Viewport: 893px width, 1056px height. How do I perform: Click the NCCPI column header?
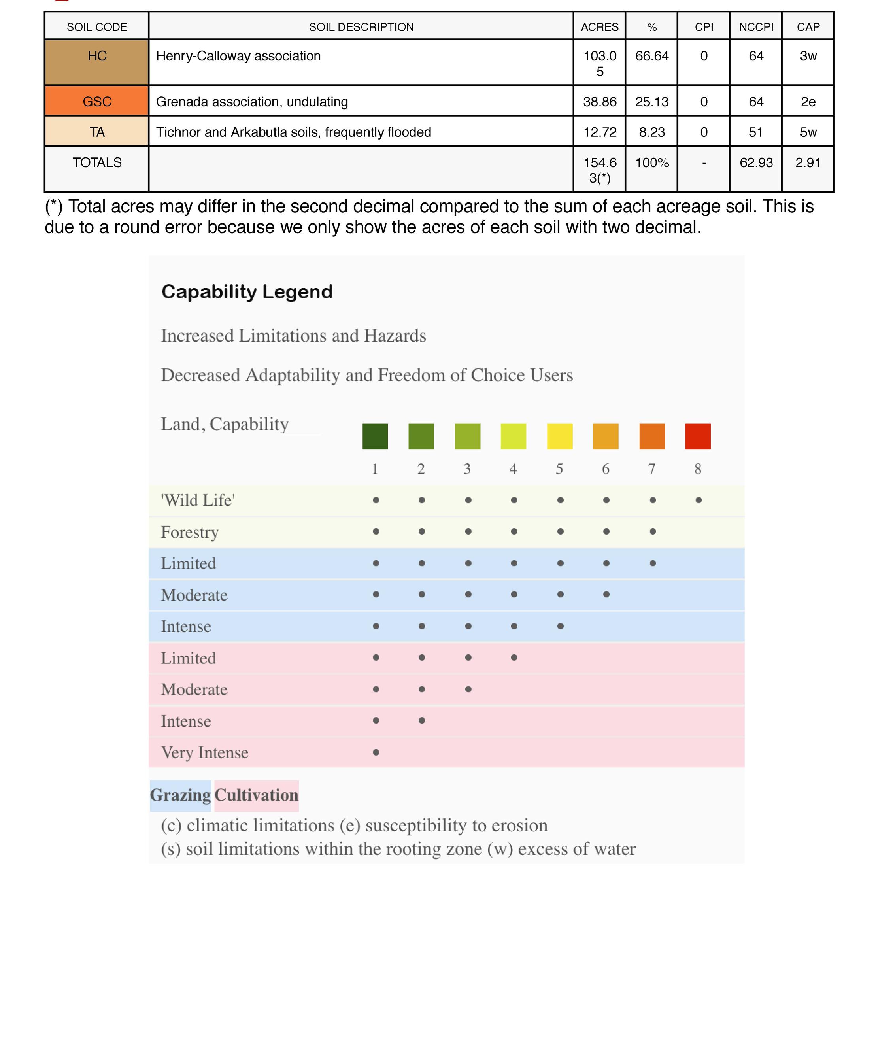point(756,27)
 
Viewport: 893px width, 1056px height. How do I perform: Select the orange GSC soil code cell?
point(97,101)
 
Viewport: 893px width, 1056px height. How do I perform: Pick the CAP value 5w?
point(808,132)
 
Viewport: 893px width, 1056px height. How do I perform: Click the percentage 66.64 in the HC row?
point(651,56)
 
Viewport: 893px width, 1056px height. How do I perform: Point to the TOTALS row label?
point(97,162)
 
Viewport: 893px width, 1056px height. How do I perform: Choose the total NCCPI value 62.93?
point(756,162)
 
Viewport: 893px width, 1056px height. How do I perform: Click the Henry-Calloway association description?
point(238,56)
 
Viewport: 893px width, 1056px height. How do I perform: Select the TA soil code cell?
point(97,132)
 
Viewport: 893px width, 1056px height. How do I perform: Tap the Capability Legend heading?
point(247,292)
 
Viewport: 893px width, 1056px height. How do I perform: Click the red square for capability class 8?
point(698,436)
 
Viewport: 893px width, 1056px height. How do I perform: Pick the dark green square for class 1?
point(375,436)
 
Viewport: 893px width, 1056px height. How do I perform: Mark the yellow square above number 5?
point(559,436)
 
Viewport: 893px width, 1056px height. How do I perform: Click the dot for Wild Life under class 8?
point(698,500)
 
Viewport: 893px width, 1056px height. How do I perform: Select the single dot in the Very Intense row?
point(376,752)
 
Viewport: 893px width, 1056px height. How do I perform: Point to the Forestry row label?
point(190,532)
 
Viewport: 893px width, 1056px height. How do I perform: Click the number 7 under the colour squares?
point(651,469)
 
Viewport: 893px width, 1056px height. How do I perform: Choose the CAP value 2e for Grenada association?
point(808,102)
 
